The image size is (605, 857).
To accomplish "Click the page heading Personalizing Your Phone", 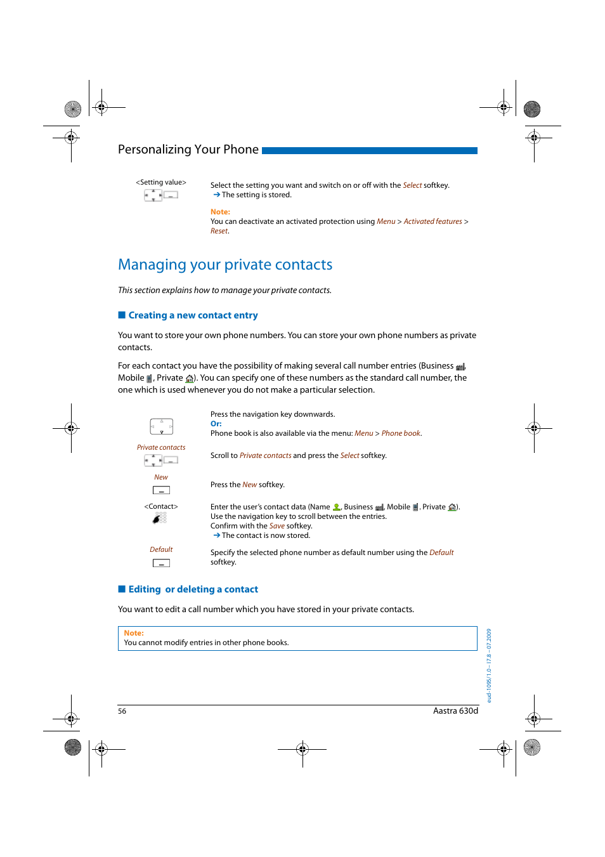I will tap(188, 150).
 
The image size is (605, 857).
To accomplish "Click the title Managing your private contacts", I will tap(225, 265).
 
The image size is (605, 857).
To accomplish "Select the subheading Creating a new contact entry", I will tap(193, 315).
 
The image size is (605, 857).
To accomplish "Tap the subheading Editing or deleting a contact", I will tap(193, 589).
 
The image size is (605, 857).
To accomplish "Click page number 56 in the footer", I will tap(122, 711).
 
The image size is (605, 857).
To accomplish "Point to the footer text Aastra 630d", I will tap(455, 711).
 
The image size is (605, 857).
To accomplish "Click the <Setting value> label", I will tap(161, 183).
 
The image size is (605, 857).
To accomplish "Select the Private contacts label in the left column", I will tap(161, 448).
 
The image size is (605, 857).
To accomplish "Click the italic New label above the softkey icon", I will tap(161, 478).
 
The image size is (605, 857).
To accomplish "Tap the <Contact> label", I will tap(161, 507).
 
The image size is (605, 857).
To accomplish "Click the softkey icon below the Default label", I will tap(161, 563).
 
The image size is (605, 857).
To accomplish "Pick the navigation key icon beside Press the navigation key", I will tap(161, 426).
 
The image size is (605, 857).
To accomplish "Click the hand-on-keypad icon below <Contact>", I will tap(160, 518).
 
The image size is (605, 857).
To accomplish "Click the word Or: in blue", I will tap(216, 424).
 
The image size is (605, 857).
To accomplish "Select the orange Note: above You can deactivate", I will tap(220, 212).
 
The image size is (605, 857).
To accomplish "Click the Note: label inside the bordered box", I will tap(134, 633).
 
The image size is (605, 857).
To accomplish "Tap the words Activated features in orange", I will tap(433, 221).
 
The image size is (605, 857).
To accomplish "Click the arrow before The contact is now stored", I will tap(216, 535).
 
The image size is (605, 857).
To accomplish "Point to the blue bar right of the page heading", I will tap(369, 151).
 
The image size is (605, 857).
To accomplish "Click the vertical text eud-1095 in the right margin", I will tap(489, 665).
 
